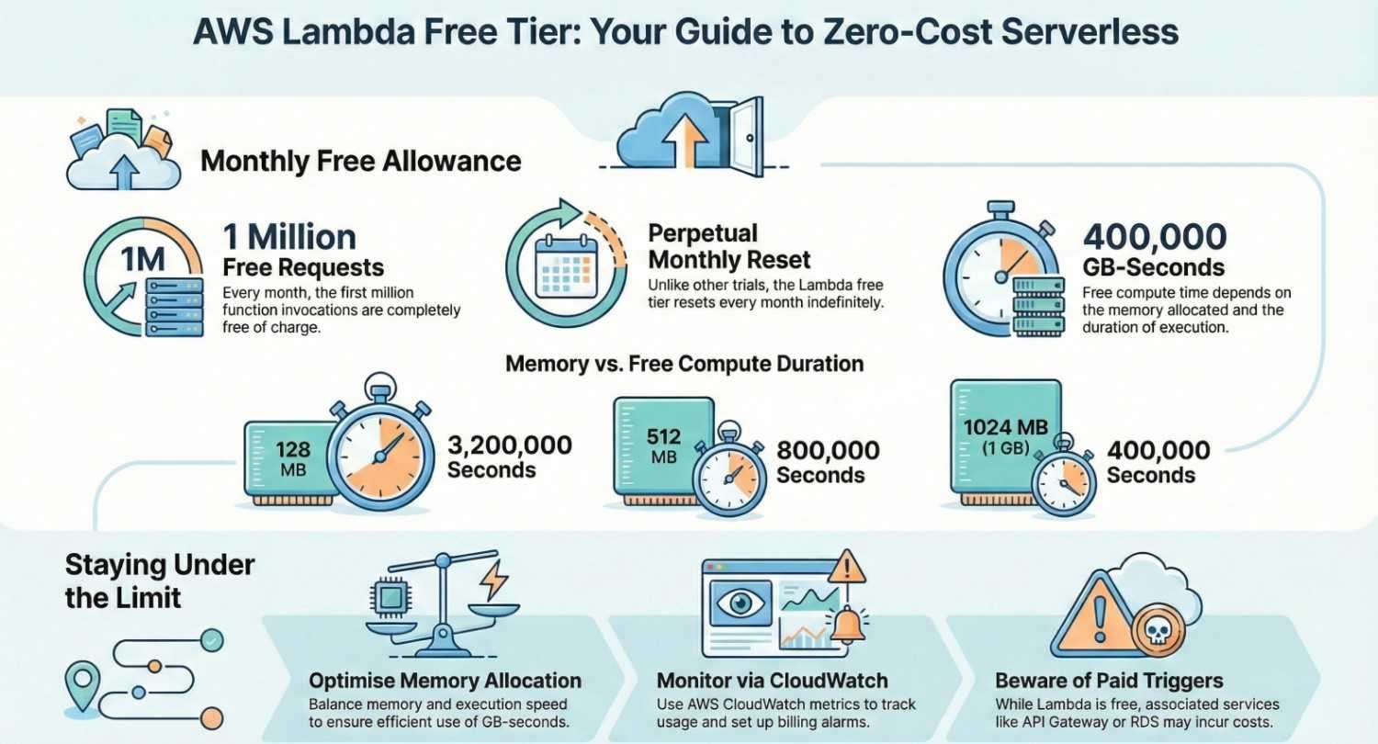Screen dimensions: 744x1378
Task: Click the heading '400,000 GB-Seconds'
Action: (1155, 251)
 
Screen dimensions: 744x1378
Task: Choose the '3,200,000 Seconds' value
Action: (509, 457)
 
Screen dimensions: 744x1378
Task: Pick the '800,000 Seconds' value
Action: (828, 462)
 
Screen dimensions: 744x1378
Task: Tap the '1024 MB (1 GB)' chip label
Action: (1006, 436)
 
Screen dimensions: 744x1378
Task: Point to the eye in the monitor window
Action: (739, 604)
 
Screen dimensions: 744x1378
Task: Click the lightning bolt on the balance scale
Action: (493, 580)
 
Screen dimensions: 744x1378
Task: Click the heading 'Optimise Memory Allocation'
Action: (445, 681)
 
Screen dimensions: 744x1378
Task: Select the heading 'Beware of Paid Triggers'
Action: (1109, 681)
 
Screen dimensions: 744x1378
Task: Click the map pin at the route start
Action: (84, 681)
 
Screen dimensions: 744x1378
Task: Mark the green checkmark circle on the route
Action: (211, 637)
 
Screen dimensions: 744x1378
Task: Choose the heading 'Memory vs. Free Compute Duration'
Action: (684, 364)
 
